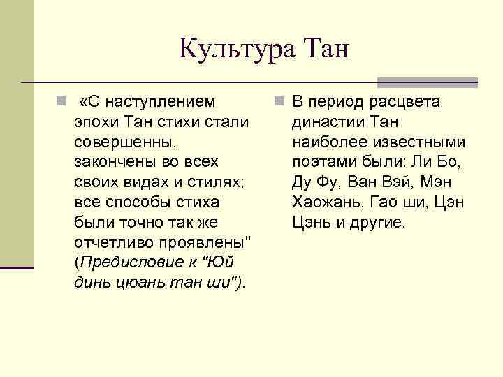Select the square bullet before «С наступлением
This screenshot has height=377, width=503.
pyautogui.click(x=61, y=103)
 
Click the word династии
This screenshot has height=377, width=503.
pyautogui.click(x=326, y=123)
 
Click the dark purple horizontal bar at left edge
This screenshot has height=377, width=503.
pyautogui.click(x=17, y=267)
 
